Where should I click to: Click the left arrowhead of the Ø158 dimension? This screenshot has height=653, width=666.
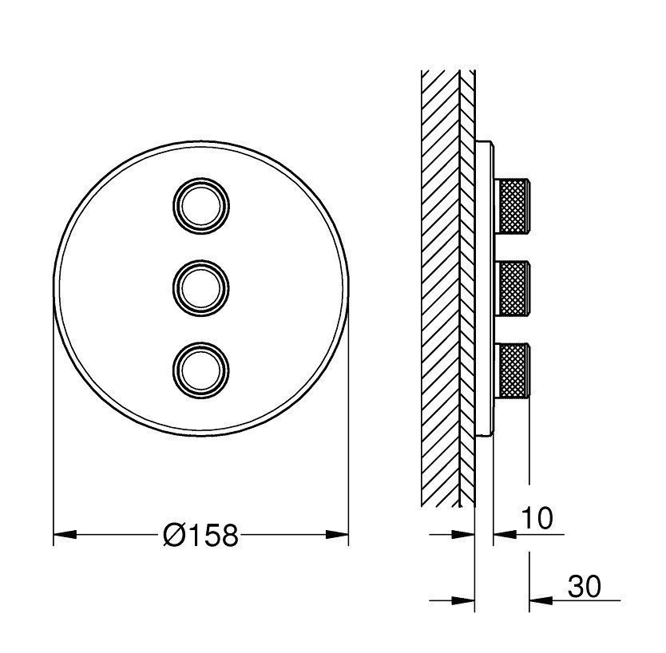[x=64, y=535]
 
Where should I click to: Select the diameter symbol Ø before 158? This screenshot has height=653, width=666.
[x=173, y=536]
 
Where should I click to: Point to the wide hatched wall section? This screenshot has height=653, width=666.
[x=440, y=287]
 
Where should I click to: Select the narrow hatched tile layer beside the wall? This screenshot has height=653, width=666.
[x=468, y=287]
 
